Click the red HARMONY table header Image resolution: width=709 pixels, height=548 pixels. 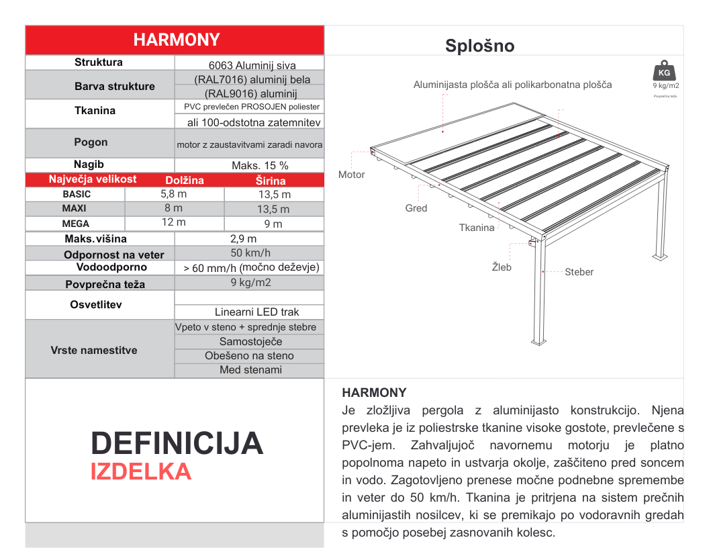coord(175,40)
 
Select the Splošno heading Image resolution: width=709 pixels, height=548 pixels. coord(479,46)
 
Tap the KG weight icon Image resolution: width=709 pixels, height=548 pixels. coord(664,72)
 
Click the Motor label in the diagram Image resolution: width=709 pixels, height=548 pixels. coord(351,175)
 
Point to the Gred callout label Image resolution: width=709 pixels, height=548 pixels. coord(416,208)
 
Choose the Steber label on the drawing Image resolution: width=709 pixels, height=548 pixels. coord(579,272)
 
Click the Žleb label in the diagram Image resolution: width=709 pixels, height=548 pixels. coord(502,267)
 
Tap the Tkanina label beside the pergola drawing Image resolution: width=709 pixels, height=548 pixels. coord(477,228)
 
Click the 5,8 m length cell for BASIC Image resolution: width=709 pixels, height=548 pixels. coord(173,194)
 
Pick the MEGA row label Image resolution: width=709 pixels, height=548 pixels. coord(75,224)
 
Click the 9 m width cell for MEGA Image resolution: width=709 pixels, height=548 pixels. coord(273,224)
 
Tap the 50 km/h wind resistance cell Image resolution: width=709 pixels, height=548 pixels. coord(250,253)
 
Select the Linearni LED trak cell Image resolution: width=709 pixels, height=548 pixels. coord(256,312)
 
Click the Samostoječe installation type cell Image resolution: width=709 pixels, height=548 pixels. coord(250,342)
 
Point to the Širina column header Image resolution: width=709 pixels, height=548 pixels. coord(271,181)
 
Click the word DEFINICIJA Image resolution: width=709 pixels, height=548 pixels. coord(177,443)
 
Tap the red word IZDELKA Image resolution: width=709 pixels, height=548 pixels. coord(141,471)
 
